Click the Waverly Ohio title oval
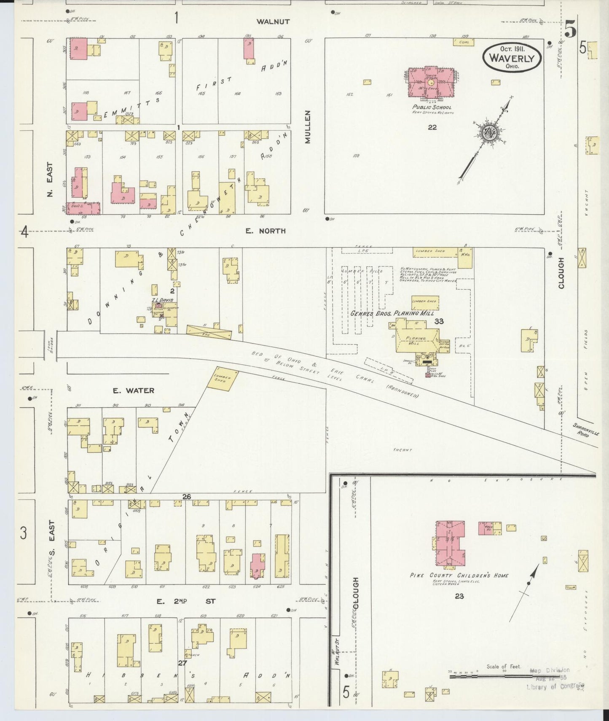click(512, 58)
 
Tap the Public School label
click(432, 108)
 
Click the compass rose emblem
click(491, 133)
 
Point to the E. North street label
click(266, 231)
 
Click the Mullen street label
click(308, 127)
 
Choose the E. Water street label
click(134, 391)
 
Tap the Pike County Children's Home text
click(459, 576)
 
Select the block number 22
click(432, 127)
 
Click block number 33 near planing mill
click(439, 321)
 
